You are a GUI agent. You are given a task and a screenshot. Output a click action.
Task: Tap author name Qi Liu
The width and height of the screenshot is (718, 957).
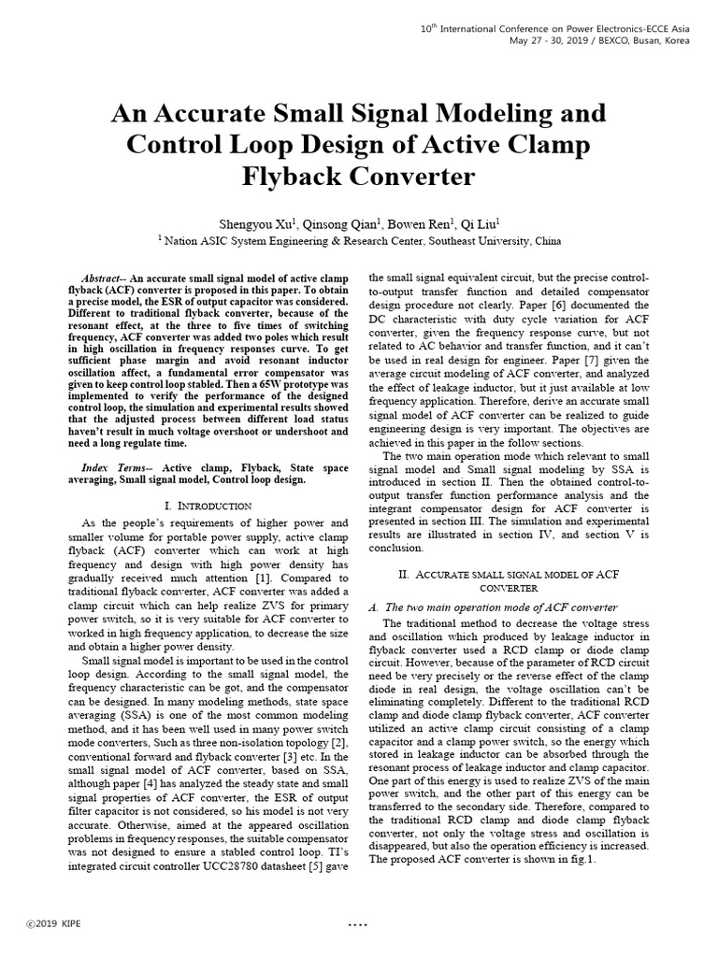[481, 223]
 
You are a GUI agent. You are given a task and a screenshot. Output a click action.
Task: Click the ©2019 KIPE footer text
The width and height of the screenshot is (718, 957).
[53, 924]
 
